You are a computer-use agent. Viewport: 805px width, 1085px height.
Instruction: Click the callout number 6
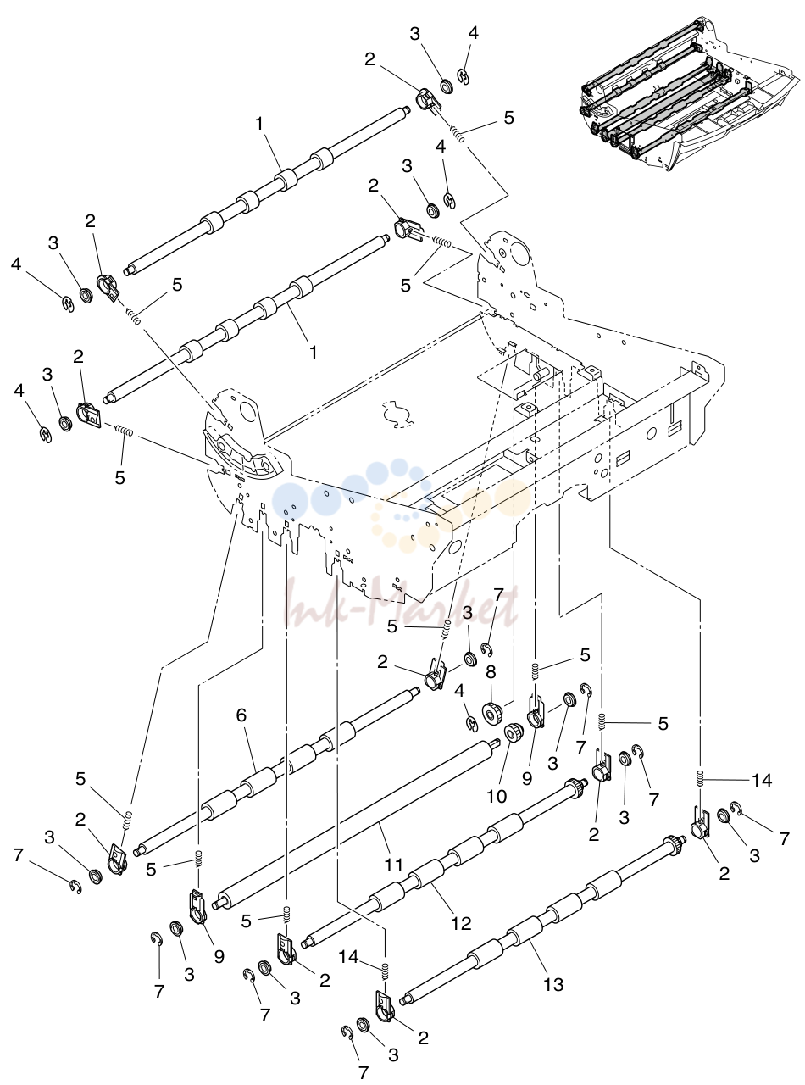pos(241,715)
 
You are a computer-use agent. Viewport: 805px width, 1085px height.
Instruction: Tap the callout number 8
pos(491,673)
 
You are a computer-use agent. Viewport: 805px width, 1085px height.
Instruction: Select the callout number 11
pos(393,865)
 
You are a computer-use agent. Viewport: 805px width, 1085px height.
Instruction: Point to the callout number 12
pos(461,922)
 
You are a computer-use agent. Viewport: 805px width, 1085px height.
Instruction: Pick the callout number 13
pos(553,984)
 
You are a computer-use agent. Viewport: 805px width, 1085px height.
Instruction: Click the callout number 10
pos(497,797)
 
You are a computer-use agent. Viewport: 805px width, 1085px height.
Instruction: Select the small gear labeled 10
pos(514,734)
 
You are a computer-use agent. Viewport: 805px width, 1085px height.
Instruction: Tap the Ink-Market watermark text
pos(401,603)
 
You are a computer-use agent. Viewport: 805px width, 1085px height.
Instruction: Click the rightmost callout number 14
pos(762,780)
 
